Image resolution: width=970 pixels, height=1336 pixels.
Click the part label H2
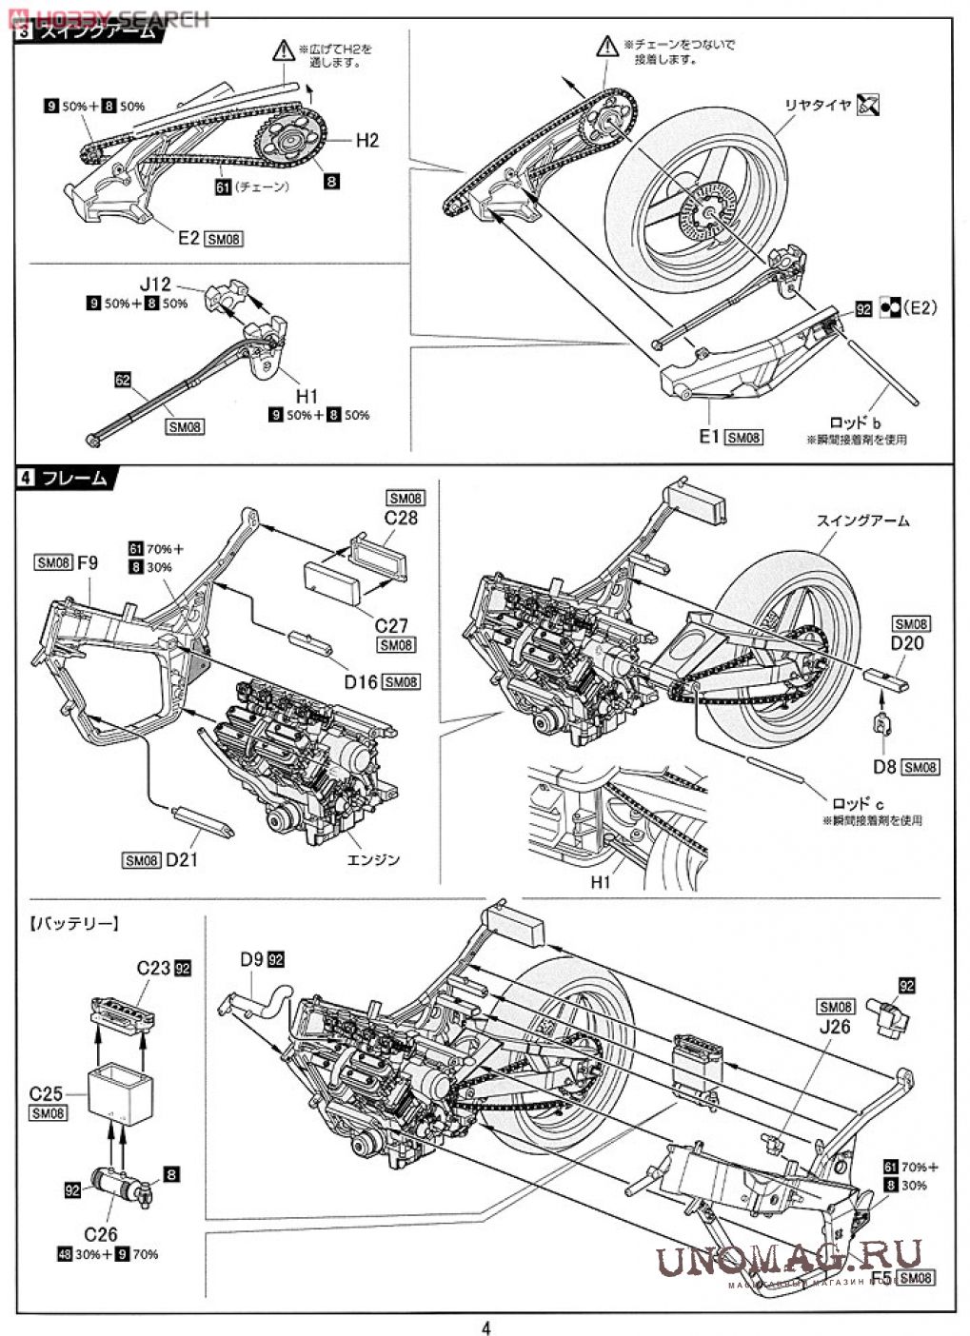point(367,141)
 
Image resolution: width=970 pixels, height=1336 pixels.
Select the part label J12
point(156,284)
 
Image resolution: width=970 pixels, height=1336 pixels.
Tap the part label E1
point(708,436)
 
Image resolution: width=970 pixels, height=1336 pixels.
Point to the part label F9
point(88,562)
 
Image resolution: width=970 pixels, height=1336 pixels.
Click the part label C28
point(402,519)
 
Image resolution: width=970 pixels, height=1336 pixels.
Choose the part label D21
point(182,860)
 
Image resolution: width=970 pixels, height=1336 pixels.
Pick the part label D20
point(907,643)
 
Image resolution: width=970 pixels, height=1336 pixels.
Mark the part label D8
point(884,766)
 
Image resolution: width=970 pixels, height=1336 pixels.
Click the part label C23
point(154,968)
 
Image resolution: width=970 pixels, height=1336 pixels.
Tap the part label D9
point(251,960)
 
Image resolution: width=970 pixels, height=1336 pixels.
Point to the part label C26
point(101,1234)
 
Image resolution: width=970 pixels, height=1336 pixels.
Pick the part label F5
point(881,1276)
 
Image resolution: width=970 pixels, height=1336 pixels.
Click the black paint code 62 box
point(122,379)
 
